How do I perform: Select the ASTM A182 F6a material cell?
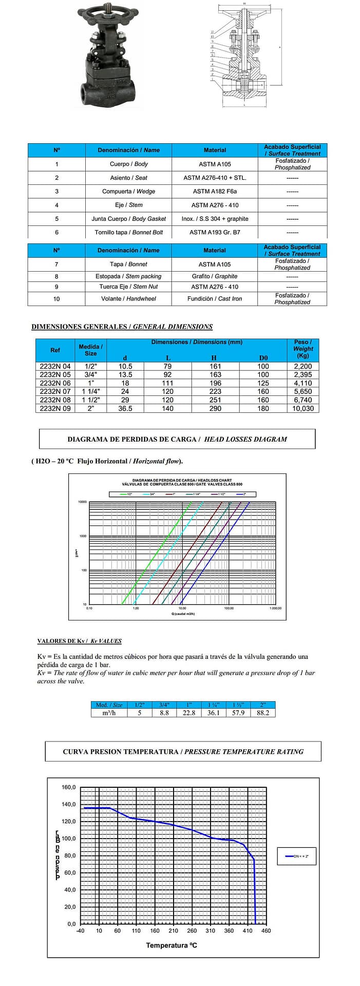(215, 191)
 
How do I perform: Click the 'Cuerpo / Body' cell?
(128, 164)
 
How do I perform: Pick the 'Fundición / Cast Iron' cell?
(215, 298)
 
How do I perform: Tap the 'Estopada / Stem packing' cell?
(128, 276)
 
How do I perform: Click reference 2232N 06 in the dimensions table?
(55, 383)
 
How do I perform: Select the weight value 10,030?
(302, 408)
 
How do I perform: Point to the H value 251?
(215, 400)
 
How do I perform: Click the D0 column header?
(263, 357)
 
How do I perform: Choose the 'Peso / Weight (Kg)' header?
(302, 348)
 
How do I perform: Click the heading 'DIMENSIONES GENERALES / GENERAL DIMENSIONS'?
(122, 327)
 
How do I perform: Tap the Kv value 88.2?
(262, 713)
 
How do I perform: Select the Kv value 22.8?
(189, 713)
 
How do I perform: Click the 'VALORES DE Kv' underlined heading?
(80, 641)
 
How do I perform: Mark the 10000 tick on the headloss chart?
(82, 502)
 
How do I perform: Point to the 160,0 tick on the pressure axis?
(69, 787)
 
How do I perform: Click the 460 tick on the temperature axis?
(266, 931)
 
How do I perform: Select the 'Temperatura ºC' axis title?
(172, 945)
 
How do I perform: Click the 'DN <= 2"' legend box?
(296, 856)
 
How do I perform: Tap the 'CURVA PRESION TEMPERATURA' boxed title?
(183, 751)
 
